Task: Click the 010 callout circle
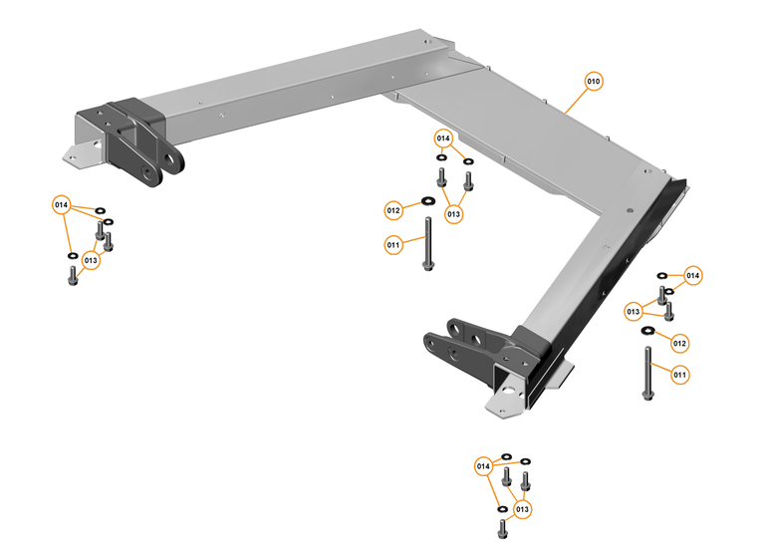click(x=594, y=81)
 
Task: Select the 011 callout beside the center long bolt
click(x=393, y=243)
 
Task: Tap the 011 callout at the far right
click(x=680, y=375)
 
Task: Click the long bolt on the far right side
click(x=648, y=375)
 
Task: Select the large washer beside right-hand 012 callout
click(x=648, y=330)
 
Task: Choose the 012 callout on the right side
click(x=680, y=343)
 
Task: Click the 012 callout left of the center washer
click(x=393, y=210)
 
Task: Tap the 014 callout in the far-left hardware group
click(x=63, y=206)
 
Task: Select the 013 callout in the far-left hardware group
click(x=92, y=261)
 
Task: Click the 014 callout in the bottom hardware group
click(x=484, y=465)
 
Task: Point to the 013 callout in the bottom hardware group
click(x=521, y=509)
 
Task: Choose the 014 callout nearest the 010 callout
click(x=443, y=138)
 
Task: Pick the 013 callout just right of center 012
click(x=454, y=213)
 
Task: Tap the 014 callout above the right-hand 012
click(x=692, y=275)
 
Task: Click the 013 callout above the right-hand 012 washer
click(x=634, y=312)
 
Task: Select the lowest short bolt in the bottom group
click(x=503, y=525)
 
